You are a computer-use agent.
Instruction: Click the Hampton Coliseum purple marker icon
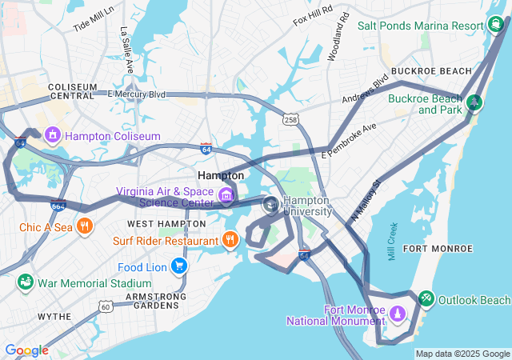click(54, 135)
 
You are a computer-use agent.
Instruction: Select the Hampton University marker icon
click(271, 206)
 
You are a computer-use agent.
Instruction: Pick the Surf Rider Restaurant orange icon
click(230, 239)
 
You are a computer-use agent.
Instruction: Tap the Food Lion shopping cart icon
click(179, 266)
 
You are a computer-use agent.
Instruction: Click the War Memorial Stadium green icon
click(25, 283)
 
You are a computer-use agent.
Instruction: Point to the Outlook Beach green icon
click(426, 299)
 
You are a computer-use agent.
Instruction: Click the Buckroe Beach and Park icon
click(474, 102)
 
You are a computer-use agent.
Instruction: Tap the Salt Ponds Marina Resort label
click(421, 26)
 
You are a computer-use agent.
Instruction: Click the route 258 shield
click(290, 119)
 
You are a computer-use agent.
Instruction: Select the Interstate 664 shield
click(58, 205)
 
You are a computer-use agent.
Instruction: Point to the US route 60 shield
click(106, 306)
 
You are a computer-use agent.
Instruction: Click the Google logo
click(26, 350)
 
